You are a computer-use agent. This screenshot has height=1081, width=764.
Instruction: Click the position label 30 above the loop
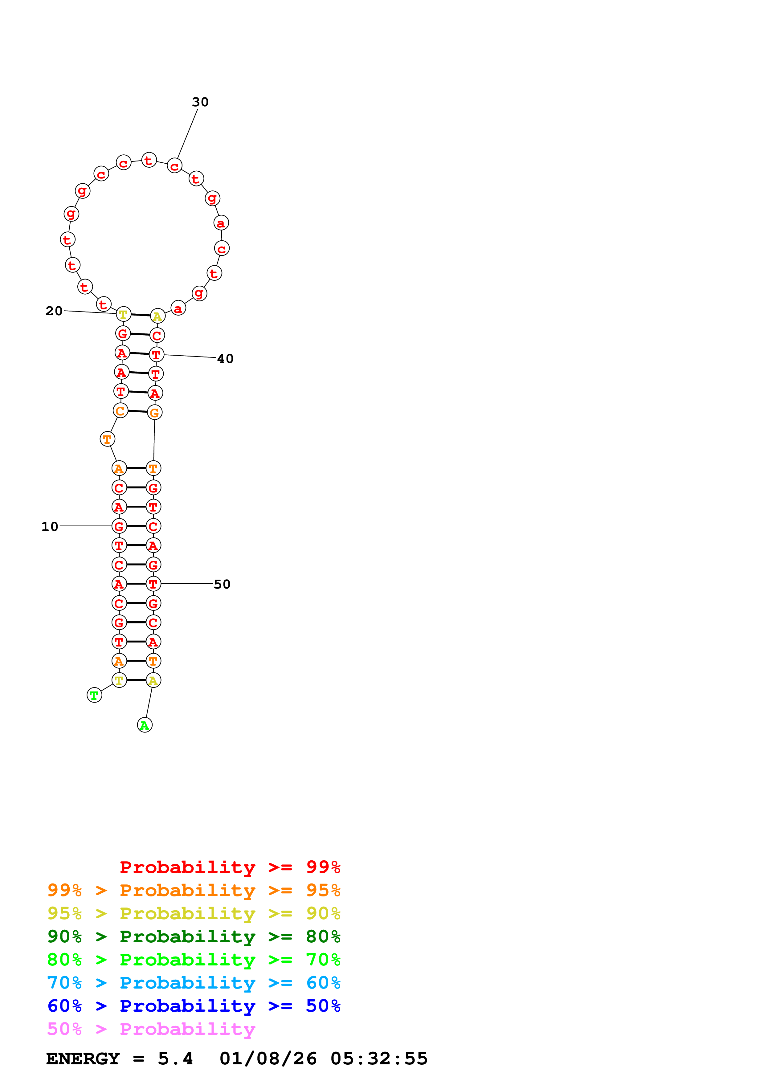point(200,102)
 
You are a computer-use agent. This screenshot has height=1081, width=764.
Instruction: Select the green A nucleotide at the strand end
point(145,725)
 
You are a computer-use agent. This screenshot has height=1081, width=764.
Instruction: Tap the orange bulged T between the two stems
point(107,439)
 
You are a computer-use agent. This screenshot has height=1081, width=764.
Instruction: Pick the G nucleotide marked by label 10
point(119,526)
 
